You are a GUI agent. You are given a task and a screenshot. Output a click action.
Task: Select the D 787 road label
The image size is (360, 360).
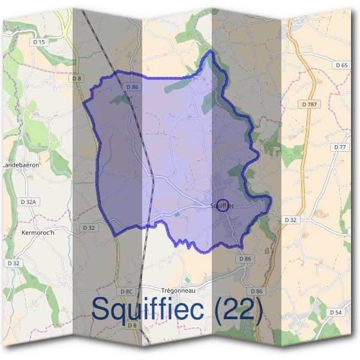pos(308,104)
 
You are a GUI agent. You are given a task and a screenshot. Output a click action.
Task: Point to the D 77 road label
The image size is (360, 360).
pos(339,147)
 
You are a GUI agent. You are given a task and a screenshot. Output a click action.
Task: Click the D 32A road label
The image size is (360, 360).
pos(28,202)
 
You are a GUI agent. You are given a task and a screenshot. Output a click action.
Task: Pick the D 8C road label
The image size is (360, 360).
pos(126,292)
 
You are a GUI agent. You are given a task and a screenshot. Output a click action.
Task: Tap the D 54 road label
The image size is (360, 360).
pos(336,313)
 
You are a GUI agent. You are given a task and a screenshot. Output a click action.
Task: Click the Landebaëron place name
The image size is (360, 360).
pos(21,164)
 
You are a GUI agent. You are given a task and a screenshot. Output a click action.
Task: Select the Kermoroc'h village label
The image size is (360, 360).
pos(38,232)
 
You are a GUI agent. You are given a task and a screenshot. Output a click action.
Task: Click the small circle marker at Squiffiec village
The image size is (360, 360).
pos(223,205)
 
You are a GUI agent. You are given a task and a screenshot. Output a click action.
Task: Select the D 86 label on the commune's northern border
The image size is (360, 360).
pos(133,87)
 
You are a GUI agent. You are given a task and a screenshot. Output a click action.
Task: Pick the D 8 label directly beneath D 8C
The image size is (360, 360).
pos(133,325)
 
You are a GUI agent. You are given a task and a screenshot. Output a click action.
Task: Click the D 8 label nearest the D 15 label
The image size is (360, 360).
pos(76,78)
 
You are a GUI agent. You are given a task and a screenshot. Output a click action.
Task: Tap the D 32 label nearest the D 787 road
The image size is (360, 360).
pos(291,220)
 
